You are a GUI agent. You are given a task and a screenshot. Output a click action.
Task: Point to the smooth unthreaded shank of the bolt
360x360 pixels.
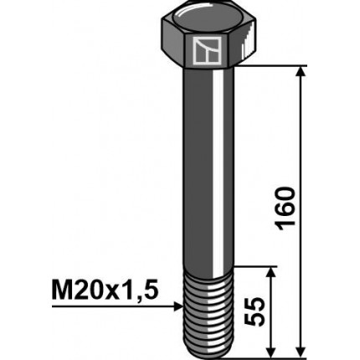[201, 167]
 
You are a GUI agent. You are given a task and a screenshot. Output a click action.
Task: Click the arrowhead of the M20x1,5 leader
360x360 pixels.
[177, 307]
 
